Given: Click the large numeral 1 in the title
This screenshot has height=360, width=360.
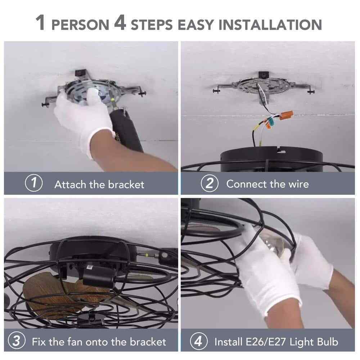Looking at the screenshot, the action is point(40,23).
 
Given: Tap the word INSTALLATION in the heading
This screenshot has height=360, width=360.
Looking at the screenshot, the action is point(270,24).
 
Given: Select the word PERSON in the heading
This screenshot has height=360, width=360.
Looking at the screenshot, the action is point(80,25).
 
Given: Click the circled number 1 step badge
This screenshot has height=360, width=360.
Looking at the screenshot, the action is point(34,183).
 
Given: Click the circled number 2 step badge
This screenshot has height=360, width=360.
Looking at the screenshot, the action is point(210,183).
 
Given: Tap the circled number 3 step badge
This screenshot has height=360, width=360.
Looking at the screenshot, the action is point(17,341).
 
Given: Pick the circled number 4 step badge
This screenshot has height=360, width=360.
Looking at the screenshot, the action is point(199,341).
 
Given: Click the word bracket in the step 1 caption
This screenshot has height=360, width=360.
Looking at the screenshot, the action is point(126,184).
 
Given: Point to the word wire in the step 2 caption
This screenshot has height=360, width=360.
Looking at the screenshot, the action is point(298,184).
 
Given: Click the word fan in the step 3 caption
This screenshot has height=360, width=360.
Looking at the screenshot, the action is point(75,342).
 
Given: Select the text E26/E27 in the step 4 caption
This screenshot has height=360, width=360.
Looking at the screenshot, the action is point(266,342).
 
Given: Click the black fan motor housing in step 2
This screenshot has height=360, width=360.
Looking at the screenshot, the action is point(271,158).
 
